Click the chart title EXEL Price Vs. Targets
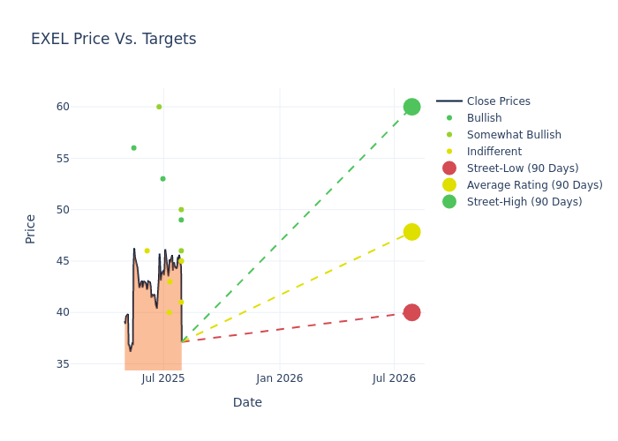pos(113,39)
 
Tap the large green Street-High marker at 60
pos(411,107)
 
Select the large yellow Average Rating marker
pos(411,232)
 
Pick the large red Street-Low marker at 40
pos(411,312)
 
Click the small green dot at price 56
pos(133,148)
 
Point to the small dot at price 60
pos(159,107)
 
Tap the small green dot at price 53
pos(162,179)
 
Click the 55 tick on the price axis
pos(62,159)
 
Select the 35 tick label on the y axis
pos(62,363)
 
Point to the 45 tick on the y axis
pos(62,261)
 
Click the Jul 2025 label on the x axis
pos(163,378)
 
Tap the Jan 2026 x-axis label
pos(279,378)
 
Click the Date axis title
pos(247,402)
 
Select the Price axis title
pos(31,228)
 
